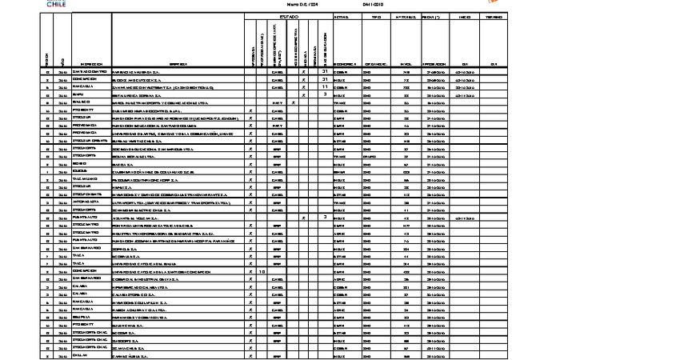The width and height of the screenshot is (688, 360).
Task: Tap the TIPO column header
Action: (376, 16)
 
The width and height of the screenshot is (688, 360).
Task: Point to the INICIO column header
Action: (464, 16)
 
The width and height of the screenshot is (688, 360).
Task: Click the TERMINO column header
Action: (494, 16)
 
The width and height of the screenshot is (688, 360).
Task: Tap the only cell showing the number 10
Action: (262, 272)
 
